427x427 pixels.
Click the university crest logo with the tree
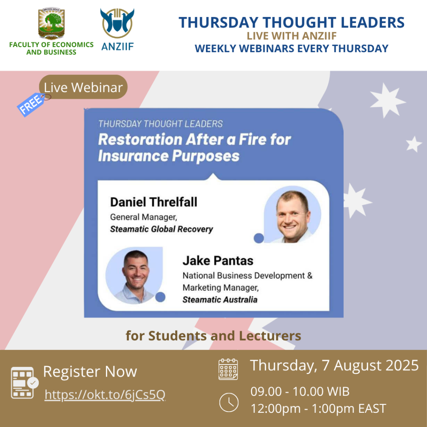click(51, 23)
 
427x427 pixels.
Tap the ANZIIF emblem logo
click(117, 23)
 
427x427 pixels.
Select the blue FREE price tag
click(32, 104)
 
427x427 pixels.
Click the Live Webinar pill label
click(83, 87)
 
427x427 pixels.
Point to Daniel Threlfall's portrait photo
click(292, 215)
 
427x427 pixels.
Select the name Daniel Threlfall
click(153, 202)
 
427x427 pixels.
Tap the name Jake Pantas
click(218, 261)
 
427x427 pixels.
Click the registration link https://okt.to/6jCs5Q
click(105, 394)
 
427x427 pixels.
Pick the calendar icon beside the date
click(228, 369)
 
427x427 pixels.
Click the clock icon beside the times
click(229, 402)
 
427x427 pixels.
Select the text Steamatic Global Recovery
click(161, 229)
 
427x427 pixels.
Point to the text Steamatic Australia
click(220, 299)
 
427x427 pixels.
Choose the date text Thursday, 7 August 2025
click(334, 365)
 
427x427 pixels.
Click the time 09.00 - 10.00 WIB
click(300, 391)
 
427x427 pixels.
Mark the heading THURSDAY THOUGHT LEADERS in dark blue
click(291, 23)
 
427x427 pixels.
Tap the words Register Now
click(90, 372)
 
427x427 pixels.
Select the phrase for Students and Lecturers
click(213, 336)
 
